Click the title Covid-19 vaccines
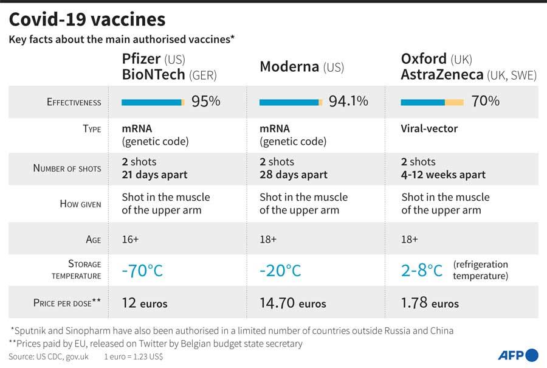point(87,19)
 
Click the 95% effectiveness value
point(205,102)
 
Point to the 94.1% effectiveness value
point(348,102)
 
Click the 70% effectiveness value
point(485,102)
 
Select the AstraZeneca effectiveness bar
point(432,102)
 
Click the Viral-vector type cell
point(429,129)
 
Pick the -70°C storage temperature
point(142,270)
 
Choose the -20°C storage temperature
point(280,270)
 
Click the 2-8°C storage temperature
point(422,270)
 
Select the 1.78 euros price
point(430,303)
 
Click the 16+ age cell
point(130,239)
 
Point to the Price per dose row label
point(67,303)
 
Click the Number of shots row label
point(67,168)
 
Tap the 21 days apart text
point(154,175)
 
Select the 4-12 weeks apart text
point(443,175)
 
